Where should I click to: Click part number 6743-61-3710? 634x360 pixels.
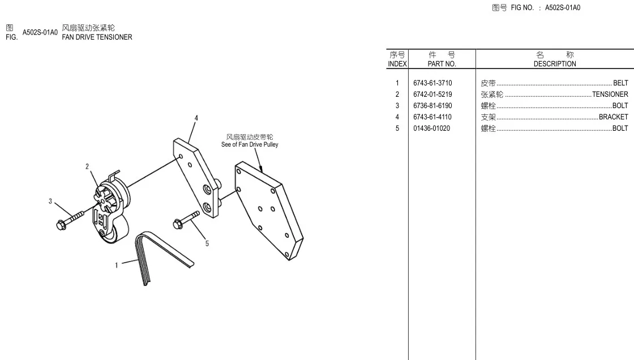point(432,83)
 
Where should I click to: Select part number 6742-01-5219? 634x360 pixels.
point(432,95)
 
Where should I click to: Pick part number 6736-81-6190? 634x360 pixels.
point(432,106)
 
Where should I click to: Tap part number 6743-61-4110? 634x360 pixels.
point(432,117)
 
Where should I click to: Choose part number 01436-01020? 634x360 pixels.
point(431,128)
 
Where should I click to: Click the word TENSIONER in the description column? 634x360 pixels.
point(610,95)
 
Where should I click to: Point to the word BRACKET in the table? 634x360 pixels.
point(613,117)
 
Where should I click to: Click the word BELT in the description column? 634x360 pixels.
point(620,83)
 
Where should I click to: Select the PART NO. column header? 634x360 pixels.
point(442,64)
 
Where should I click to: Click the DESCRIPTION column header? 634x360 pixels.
point(555,64)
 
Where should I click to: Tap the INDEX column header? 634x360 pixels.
point(397,64)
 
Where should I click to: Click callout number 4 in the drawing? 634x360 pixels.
point(196,118)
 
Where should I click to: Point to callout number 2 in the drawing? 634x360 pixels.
point(87,166)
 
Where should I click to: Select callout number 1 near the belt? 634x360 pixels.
point(117,265)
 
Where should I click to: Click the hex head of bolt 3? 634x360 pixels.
point(62,225)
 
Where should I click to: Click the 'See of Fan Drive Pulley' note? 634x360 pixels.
point(250,144)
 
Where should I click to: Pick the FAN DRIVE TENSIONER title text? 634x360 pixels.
point(97,37)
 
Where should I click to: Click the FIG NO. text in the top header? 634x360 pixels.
point(521,8)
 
